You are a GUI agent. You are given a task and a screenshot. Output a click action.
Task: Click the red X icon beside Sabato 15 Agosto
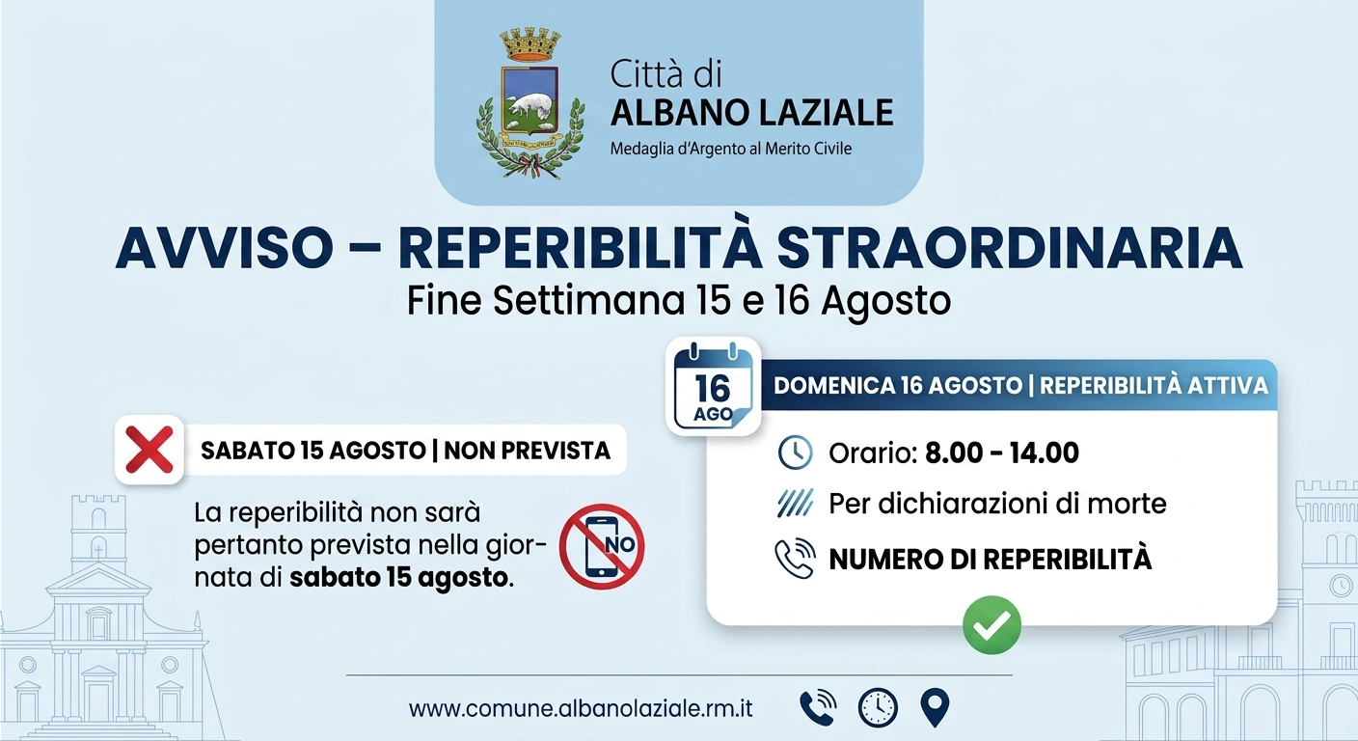(x=149, y=450)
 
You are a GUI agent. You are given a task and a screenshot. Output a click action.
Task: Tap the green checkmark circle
(x=991, y=624)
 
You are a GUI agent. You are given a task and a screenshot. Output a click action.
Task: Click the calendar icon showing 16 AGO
(x=713, y=386)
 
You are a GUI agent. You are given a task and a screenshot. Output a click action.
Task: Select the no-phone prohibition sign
(x=602, y=546)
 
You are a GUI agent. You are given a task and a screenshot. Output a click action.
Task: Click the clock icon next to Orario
(x=795, y=453)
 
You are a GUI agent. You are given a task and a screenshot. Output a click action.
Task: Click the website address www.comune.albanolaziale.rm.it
(x=581, y=708)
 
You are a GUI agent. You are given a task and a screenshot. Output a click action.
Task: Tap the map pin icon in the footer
(x=935, y=707)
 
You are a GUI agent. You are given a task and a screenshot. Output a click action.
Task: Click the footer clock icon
(x=878, y=707)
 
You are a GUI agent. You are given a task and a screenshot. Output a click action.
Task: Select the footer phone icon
(x=819, y=707)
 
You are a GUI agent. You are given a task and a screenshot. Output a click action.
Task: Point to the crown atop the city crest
(x=530, y=44)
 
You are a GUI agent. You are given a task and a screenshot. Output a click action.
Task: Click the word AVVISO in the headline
(x=225, y=248)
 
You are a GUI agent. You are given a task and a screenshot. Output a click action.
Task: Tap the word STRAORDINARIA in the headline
(x=1010, y=248)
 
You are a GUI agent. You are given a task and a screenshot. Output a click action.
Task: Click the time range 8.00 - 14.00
(x=1002, y=453)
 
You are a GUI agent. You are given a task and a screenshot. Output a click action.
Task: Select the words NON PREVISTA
(x=527, y=451)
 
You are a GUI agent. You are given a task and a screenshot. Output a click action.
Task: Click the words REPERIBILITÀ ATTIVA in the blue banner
(x=1154, y=386)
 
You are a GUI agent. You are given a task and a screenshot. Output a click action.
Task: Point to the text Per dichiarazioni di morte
(x=997, y=504)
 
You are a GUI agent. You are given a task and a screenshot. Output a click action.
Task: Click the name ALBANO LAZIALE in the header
(x=751, y=112)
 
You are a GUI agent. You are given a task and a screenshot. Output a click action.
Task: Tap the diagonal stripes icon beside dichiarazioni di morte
(x=795, y=504)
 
